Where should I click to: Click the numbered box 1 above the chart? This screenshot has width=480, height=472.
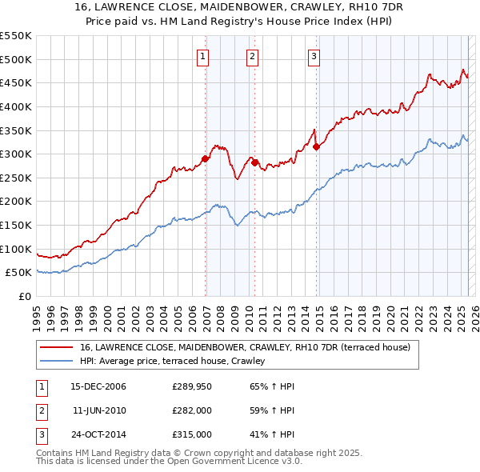tap(203, 56)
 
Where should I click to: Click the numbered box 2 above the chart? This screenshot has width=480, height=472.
tap(252, 56)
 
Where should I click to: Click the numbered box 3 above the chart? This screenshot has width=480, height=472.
tap(314, 56)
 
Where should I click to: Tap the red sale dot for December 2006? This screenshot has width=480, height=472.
tap(206, 158)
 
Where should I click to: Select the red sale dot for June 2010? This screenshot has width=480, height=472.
tap(255, 162)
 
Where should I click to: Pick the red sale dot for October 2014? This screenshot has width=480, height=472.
tap(317, 146)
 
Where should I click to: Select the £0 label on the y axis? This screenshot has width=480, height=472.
tap(23, 297)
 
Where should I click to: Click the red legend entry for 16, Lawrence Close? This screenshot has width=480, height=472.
tap(245, 347)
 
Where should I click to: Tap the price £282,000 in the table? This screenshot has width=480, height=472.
tap(192, 411)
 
